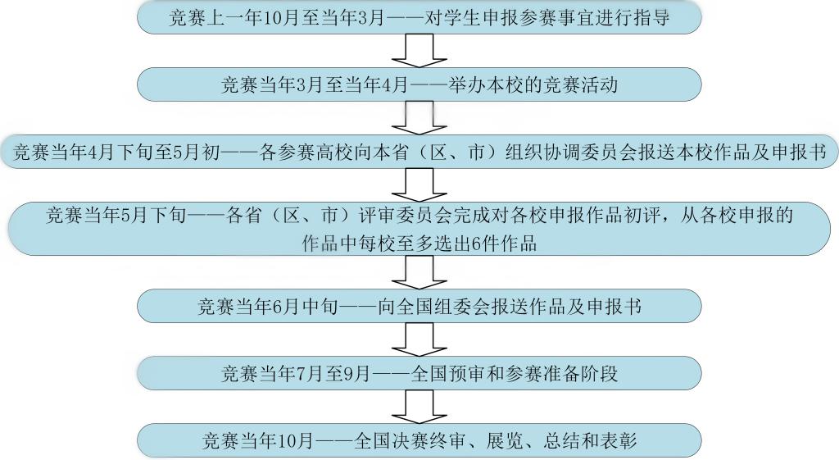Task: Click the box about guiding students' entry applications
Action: [x=419, y=18]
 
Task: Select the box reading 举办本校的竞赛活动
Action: [x=419, y=84]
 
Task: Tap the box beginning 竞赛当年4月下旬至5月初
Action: [x=419, y=153]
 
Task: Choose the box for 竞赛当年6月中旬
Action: [x=419, y=307]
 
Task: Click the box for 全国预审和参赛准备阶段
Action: [x=419, y=374]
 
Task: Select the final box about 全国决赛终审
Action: [x=419, y=441]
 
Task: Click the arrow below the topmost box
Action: [x=419, y=51]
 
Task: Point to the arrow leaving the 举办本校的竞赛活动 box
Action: [x=419, y=118]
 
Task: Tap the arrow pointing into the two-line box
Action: [x=419, y=185]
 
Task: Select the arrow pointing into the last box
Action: [x=419, y=408]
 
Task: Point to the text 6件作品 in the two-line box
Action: [x=507, y=243]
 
